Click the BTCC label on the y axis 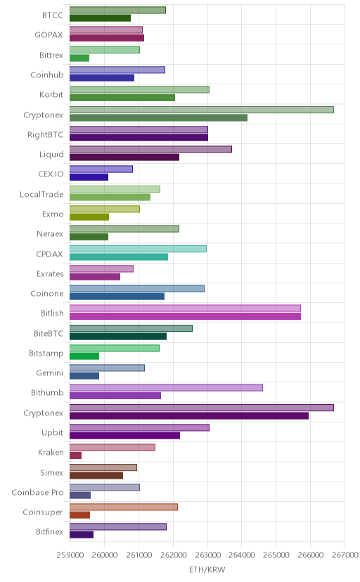52,15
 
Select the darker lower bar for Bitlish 185,316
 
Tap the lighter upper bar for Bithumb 166,387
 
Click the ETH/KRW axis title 207,569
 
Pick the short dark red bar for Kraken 75,455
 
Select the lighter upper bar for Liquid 150,149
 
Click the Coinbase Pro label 37,492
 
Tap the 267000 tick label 345,555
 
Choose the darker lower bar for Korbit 122,98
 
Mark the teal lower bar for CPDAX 119,257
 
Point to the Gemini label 50,373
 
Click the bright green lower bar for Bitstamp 84,356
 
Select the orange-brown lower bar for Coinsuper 79,515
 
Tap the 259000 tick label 70,555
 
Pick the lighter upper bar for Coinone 137,288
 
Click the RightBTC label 45,134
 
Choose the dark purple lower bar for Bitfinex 82,534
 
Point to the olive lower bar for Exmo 89,216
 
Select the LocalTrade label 41,194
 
